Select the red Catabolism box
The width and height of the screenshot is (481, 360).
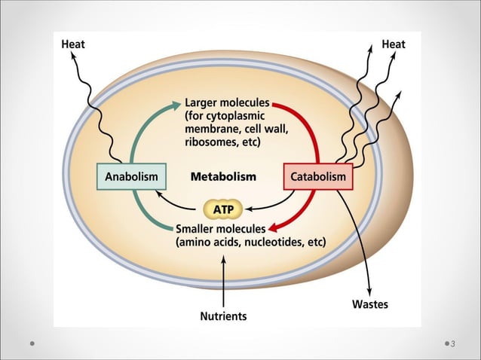point(317,177)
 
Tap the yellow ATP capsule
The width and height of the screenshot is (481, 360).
point(224,208)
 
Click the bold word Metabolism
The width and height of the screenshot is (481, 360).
point(223,177)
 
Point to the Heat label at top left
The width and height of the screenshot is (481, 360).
point(73,44)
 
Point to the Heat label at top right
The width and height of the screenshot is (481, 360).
point(394,44)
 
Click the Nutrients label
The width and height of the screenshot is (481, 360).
point(223,316)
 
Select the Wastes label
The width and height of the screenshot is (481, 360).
point(370,305)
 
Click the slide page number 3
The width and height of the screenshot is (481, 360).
point(453,344)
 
